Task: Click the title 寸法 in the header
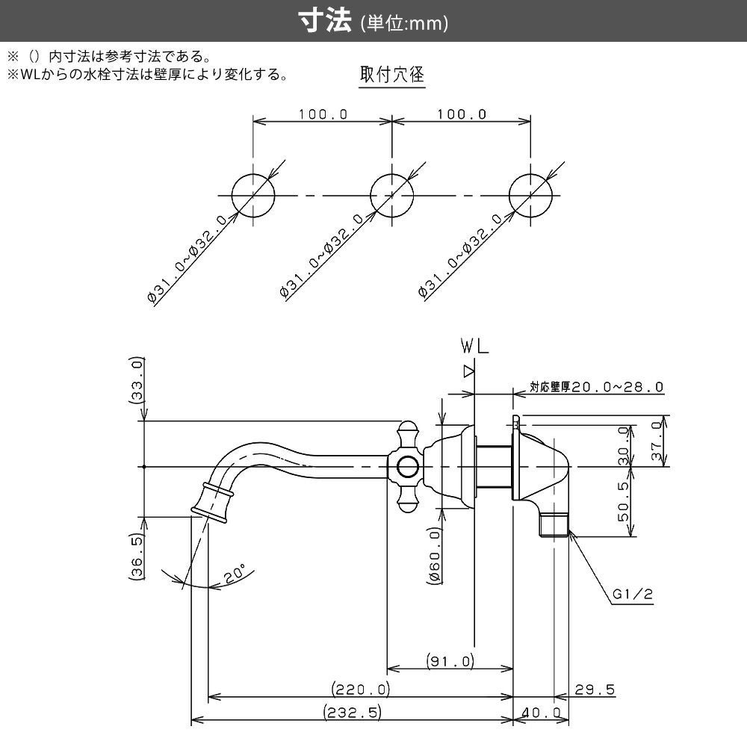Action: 326,22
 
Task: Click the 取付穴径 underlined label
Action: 391,75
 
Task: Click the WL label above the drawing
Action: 474,347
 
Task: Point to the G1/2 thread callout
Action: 633,595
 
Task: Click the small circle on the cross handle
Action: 407,468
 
